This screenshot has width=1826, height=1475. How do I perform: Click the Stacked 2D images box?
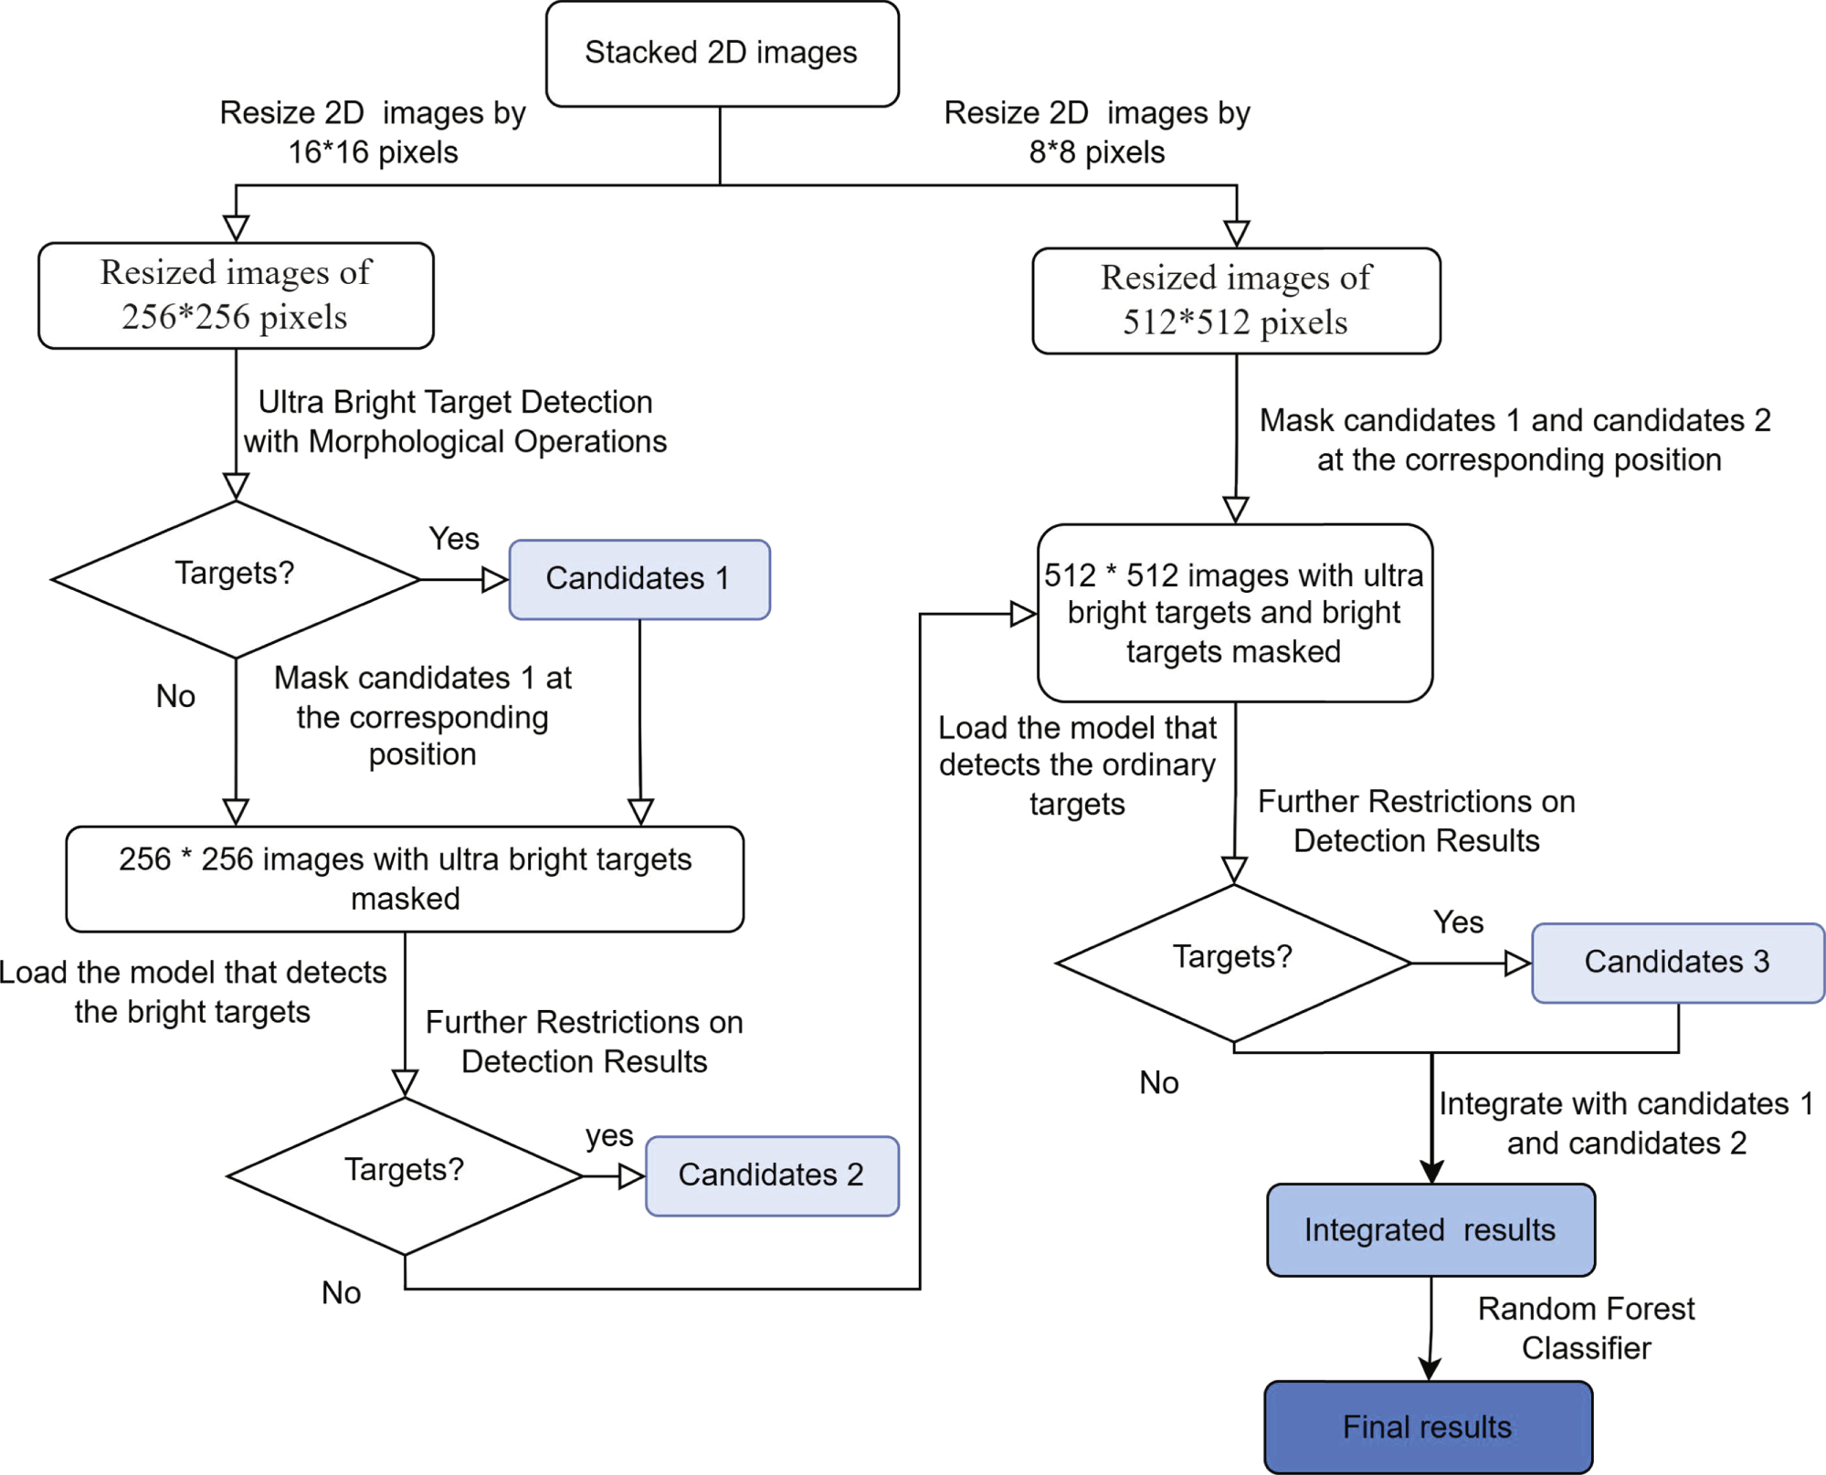coord(722,54)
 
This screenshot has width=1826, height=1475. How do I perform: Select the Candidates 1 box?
coord(639,579)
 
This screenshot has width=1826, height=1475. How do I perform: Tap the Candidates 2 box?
coord(771,1175)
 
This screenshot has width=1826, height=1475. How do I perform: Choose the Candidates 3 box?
coord(1677,963)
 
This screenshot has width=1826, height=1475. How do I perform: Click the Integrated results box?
coord(1430,1230)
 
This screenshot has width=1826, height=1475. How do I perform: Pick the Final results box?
coord(1428,1427)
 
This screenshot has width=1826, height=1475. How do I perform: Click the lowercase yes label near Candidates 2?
coord(609,1135)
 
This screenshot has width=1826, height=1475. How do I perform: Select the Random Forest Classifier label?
coord(1586,1329)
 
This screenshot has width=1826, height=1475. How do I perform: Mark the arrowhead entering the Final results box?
coord(1430,1368)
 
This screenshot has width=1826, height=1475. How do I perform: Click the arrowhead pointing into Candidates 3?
coord(1517,963)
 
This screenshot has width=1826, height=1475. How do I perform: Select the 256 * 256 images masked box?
coord(405,879)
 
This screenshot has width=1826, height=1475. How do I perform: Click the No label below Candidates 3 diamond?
coord(1158,1083)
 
